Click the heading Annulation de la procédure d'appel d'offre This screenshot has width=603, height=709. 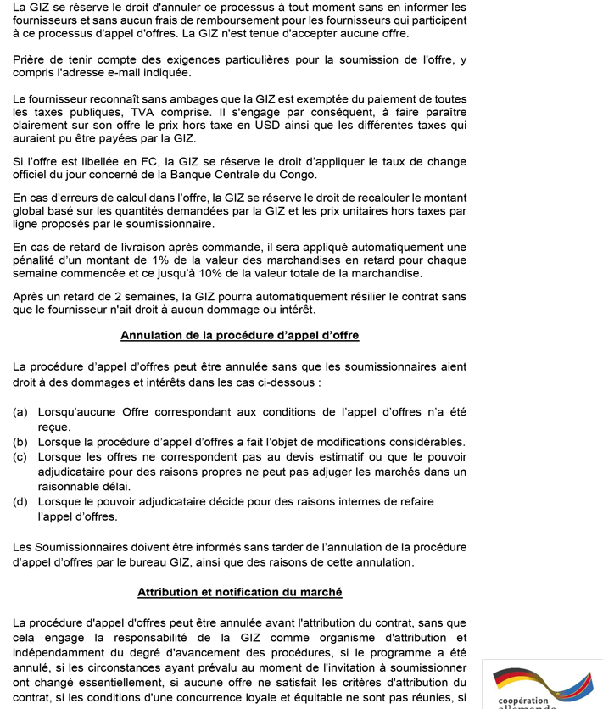pyautogui.click(x=240, y=335)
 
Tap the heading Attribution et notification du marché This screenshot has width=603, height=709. pyautogui.click(x=240, y=591)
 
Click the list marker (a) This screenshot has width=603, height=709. pyautogui.click(x=20, y=411)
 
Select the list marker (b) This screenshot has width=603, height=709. pyautogui.click(x=20, y=442)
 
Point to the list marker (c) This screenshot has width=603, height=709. pyautogui.click(x=20, y=456)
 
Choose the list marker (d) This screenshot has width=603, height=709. pyautogui.click(x=20, y=502)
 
